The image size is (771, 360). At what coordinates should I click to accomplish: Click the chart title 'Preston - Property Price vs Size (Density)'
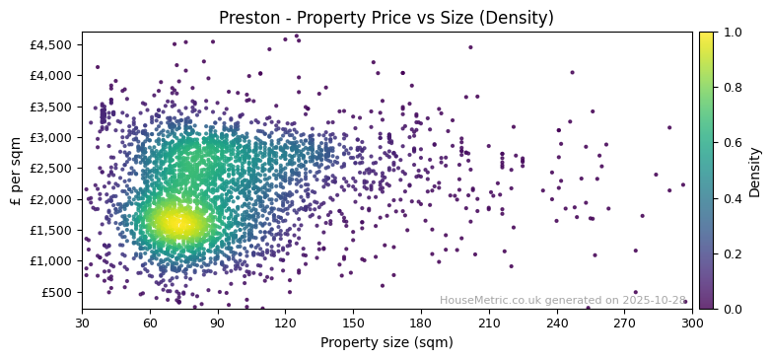pos(385,18)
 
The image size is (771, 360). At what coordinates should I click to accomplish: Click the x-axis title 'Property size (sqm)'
pos(385,342)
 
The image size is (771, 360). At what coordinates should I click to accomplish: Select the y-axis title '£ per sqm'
pos(16,171)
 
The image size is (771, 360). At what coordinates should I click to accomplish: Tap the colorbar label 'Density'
pos(754,171)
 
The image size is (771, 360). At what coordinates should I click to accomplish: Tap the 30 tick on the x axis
pos(82,323)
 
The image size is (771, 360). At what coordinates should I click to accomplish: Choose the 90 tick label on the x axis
pos(218,323)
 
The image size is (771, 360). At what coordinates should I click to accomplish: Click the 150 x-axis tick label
pos(353,323)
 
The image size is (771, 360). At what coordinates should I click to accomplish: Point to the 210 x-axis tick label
pos(489,323)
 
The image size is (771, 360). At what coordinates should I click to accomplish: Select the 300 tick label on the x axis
pos(692,323)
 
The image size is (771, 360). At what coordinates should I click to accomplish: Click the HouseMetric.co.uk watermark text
pos(562,300)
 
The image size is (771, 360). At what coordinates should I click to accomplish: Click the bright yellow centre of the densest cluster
pos(177,222)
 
